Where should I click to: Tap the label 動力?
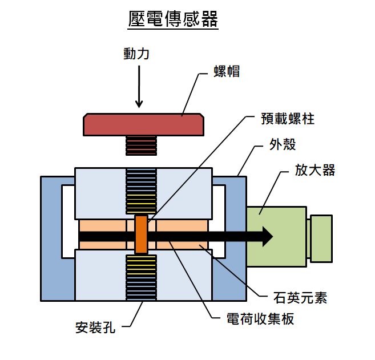tap(136, 54)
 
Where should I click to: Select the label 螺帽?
tap(226, 72)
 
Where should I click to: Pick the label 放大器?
tap(315, 170)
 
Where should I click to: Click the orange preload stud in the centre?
tap(141, 234)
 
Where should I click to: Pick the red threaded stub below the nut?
tap(141, 145)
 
